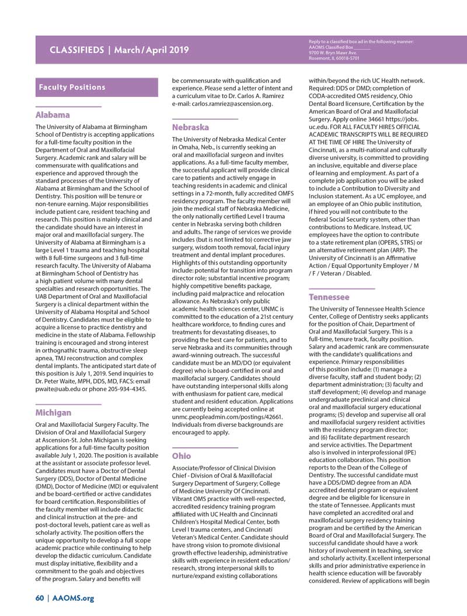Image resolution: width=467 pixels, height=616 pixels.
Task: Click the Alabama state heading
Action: (53, 115)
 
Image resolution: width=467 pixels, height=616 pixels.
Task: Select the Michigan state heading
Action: (54, 412)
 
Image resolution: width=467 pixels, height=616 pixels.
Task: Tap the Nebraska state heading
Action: (190, 127)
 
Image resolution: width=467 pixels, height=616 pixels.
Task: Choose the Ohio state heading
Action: (182, 455)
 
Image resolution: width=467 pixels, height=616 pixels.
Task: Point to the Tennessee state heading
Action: (329, 297)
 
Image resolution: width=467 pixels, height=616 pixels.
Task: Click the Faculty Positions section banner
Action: (72, 87)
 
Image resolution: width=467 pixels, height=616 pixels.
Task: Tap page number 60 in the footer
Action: (40, 598)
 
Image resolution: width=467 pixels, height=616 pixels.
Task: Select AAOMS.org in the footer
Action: (73, 598)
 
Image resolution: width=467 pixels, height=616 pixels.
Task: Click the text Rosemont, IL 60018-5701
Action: (334, 58)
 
